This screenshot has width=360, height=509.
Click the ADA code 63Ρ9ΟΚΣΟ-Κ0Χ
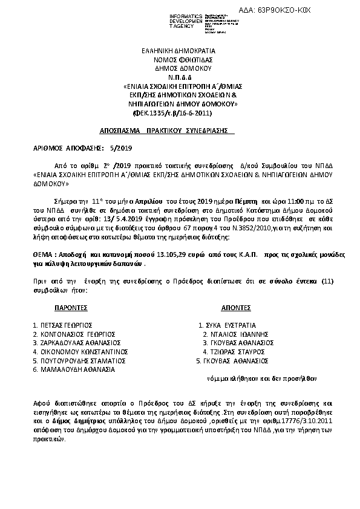coord(320,11)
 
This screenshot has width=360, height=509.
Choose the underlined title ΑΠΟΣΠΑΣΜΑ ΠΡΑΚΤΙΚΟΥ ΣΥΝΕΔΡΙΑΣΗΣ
coord(167,131)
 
